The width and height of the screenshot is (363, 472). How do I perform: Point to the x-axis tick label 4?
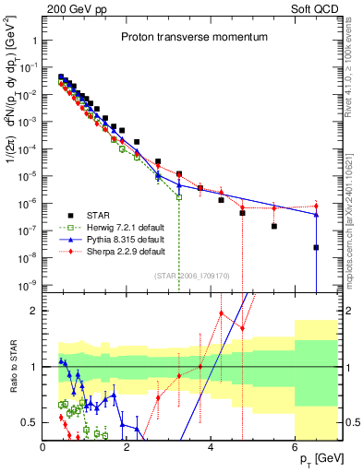[212, 448]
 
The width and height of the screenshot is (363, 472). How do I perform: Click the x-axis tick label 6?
[296, 448]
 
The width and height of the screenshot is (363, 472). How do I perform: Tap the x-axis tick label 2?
[127, 448]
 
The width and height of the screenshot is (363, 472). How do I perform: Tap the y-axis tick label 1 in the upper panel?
[36, 41]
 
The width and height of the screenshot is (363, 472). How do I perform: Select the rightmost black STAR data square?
[316, 247]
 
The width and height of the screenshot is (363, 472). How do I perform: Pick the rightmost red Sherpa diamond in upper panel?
[316, 206]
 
